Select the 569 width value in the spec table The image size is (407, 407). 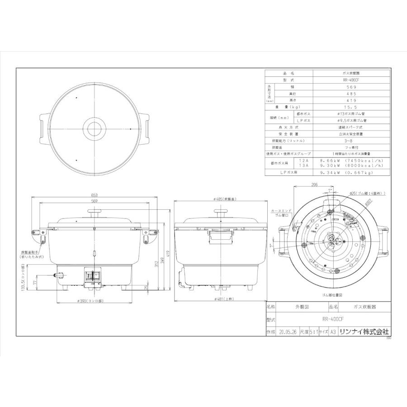click(x=351, y=86)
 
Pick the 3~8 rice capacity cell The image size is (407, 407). click(x=351, y=141)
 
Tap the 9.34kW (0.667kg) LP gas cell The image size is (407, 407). click(x=351, y=172)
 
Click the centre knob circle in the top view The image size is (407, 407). click(x=95, y=128)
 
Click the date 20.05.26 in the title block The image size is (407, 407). click(x=287, y=331)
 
